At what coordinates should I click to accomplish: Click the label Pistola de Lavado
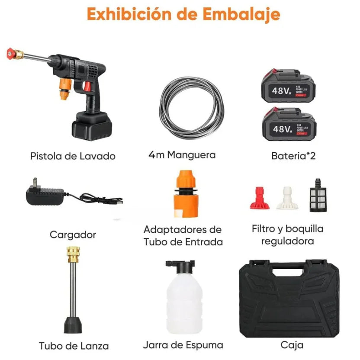73,156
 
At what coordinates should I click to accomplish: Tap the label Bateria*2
293,155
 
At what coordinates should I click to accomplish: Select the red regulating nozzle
260,199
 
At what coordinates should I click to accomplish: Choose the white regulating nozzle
285,198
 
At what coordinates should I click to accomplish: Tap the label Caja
292,345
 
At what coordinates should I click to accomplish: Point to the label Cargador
73,235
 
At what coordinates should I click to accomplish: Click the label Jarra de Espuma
183,345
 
